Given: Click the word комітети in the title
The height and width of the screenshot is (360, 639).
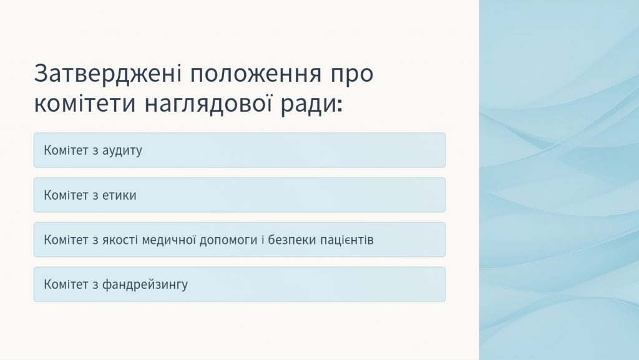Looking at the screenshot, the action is coord(85,103).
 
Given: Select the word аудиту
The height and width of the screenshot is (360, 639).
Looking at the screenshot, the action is coord(122,151).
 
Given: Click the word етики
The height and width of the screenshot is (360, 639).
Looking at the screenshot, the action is coord(119,195).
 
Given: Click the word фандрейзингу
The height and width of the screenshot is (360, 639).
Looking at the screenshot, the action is coord(145,285).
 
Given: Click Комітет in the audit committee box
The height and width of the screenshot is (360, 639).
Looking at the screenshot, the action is coord(66,150).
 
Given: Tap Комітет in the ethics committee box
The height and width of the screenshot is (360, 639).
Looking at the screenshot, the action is coord(66,195).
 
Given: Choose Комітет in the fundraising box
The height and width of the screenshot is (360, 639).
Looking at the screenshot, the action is coord(66,285).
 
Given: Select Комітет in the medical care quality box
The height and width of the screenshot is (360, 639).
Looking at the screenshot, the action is coord(66,240).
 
